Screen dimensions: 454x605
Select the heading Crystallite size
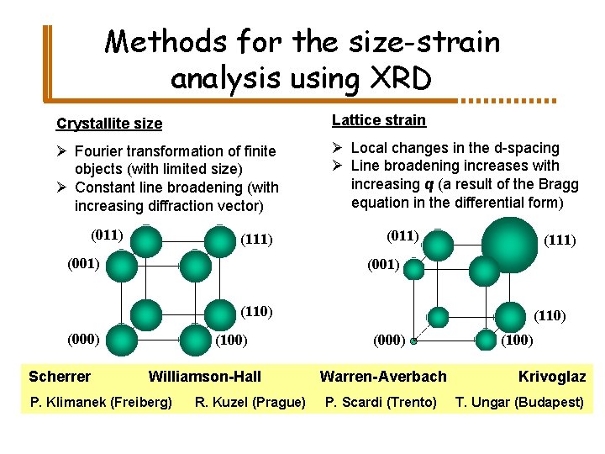click(x=109, y=124)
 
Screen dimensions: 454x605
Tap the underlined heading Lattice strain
click(x=378, y=120)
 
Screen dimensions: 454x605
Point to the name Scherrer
click(x=60, y=376)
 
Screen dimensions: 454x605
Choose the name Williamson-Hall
click(x=204, y=376)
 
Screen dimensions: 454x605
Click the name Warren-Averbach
click(x=383, y=376)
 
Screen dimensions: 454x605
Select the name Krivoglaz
click(x=551, y=376)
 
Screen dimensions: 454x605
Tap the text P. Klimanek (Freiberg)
click(x=101, y=402)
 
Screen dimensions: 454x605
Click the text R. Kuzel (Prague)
click(x=250, y=402)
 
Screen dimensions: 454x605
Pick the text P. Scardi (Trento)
click(x=381, y=402)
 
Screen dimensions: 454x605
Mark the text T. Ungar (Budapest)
click(x=519, y=402)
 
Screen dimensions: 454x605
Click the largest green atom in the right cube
click(x=510, y=245)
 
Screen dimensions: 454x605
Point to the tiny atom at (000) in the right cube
click(x=413, y=341)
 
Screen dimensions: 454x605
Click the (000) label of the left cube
click(x=83, y=339)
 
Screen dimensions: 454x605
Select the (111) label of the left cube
click(x=256, y=240)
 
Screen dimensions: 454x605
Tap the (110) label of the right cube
click(x=550, y=316)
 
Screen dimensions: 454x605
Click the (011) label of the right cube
click(x=402, y=235)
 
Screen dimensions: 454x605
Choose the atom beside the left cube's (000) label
click(x=123, y=340)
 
